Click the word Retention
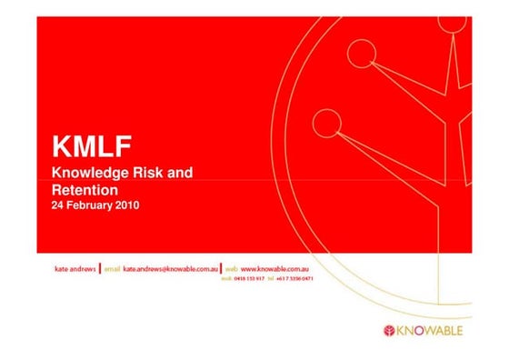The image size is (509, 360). point(85,190)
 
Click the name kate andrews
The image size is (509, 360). point(75,271)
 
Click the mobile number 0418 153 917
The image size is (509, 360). point(252,279)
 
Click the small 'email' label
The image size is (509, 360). point(112,271)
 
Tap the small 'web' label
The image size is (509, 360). point(232,271)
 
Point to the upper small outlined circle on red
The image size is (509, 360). point(362,55)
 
